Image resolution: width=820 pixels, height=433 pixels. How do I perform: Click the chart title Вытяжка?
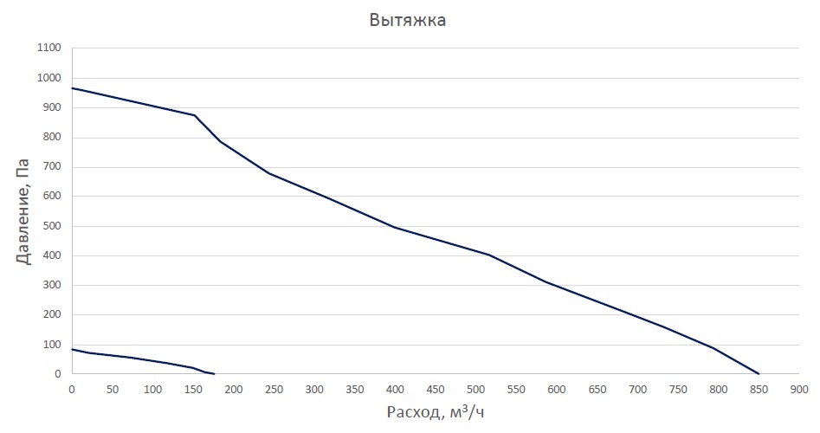tap(407, 20)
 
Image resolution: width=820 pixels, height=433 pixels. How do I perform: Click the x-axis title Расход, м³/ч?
tap(436, 412)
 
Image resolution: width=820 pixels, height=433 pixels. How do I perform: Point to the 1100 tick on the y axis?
tap(49, 48)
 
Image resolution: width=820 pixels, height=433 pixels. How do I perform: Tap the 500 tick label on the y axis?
tap(52, 226)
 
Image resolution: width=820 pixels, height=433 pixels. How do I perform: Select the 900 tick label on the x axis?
tap(799, 390)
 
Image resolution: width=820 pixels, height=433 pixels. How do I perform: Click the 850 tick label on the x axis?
tap(759, 390)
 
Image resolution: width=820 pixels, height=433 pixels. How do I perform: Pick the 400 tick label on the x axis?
tap(396, 390)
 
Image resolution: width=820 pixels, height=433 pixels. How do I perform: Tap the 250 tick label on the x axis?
tap(274, 390)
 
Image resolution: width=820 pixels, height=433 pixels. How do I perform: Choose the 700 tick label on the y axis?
tap(52, 167)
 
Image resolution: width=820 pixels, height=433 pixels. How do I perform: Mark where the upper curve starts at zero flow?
tap(72, 87)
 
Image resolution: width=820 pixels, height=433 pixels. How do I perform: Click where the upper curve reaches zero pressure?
tap(759, 373)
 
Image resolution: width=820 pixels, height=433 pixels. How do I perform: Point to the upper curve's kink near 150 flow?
tap(195, 115)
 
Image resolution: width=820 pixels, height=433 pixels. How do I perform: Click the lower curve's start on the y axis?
tap(72, 349)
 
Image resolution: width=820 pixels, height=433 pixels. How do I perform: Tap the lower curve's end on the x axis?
tap(214, 373)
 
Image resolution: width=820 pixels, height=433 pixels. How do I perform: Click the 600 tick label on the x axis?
tap(557, 390)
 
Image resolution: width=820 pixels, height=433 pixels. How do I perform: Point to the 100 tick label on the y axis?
tap(52, 345)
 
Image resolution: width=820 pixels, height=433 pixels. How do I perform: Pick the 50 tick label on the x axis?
tap(113, 390)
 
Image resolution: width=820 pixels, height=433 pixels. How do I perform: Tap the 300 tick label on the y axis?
tap(52, 285)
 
